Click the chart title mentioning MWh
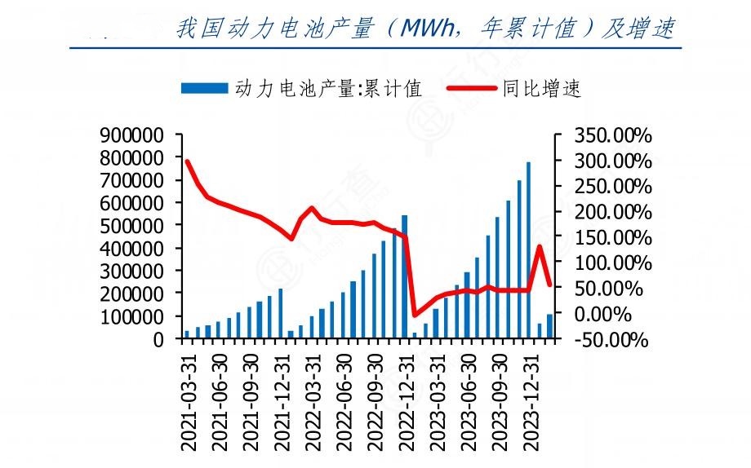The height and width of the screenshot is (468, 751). tap(424, 29)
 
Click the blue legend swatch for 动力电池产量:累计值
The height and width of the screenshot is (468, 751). tap(204, 89)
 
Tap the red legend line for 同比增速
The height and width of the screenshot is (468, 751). tap(471, 89)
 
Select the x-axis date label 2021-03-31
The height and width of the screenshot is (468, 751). tap(189, 399)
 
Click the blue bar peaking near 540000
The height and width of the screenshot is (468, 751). tap(404, 276)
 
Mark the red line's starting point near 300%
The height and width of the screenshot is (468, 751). tap(187, 161)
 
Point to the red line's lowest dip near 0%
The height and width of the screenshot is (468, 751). tap(414, 315)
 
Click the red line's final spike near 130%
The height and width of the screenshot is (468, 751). tap(539, 246)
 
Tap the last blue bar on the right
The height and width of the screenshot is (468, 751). tap(549, 326)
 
